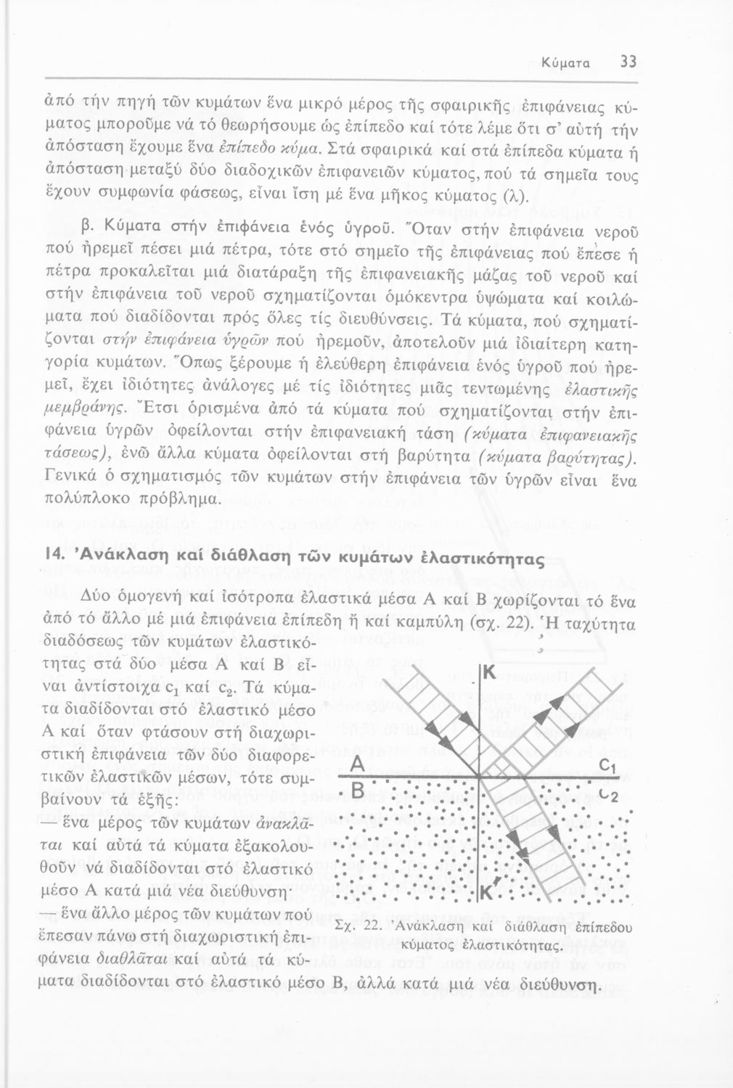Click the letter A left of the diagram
(x=356, y=767)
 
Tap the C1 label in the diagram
(x=608, y=768)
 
